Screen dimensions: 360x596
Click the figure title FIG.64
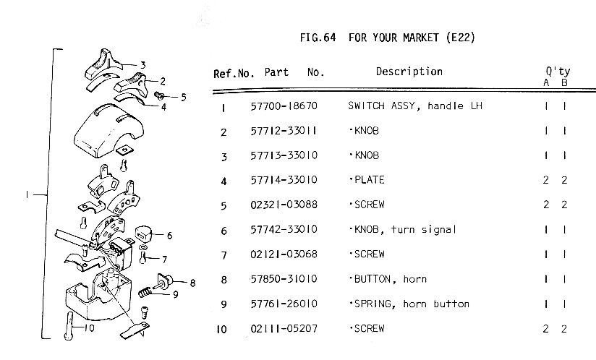(x=319, y=37)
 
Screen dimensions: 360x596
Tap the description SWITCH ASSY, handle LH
(x=414, y=107)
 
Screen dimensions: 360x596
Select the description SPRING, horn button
(x=409, y=304)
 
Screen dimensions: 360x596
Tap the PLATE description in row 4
(x=367, y=181)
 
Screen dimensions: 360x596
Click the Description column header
(x=409, y=72)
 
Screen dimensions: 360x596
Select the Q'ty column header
(x=558, y=72)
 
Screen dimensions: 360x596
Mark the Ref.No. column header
(x=234, y=73)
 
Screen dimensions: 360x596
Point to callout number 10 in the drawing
(x=89, y=327)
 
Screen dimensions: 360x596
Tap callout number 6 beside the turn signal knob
(x=169, y=236)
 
